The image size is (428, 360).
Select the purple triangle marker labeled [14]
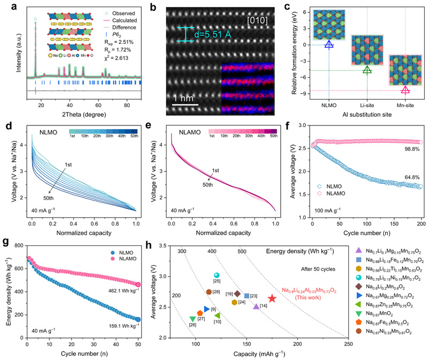coord(257,306)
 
